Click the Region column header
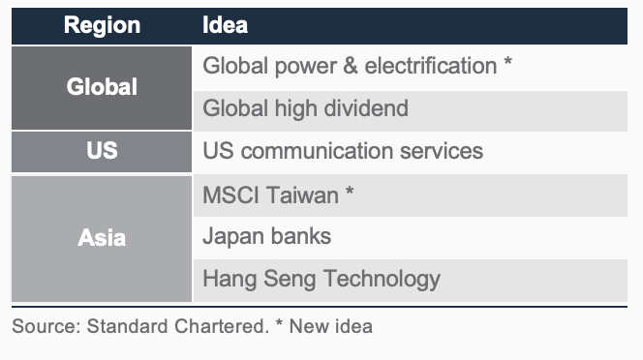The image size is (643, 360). (x=102, y=25)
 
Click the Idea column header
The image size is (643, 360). (x=225, y=25)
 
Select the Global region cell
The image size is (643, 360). (x=102, y=88)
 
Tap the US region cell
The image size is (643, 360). (x=102, y=152)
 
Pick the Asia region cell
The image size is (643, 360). (x=102, y=239)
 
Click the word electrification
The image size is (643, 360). (x=431, y=66)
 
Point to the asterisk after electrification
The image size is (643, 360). (x=507, y=62)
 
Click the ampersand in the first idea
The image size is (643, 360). (x=351, y=66)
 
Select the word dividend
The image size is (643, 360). (x=366, y=108)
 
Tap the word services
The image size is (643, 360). (x=442, y=151)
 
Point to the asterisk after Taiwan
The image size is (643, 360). (x=350, y=191)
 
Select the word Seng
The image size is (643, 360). (x=290, y=279)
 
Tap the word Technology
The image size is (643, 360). (x=382, y=279)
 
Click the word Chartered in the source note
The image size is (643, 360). (x=222, y=326)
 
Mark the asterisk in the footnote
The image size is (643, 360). (x=279, y=322)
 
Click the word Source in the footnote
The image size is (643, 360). (x=46, y=326)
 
